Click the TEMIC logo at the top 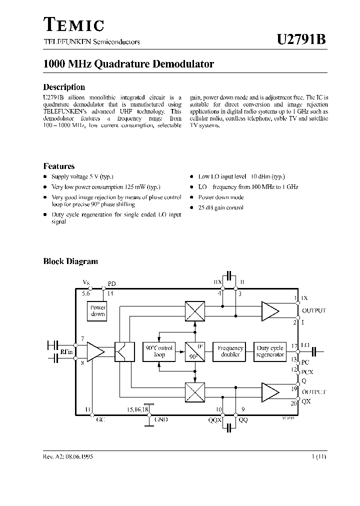point(74,24)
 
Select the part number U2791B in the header point(301,40)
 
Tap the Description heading point(64,87)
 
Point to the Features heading point(59,166)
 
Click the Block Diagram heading point(70,261)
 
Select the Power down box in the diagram point(98,311)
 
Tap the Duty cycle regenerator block point(270,351)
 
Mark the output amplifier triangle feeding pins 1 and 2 point(269,311)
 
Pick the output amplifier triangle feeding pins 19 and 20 point(269,391)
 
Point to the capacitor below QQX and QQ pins point(229,428)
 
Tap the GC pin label point(99,420)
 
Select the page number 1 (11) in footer point(317,457)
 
